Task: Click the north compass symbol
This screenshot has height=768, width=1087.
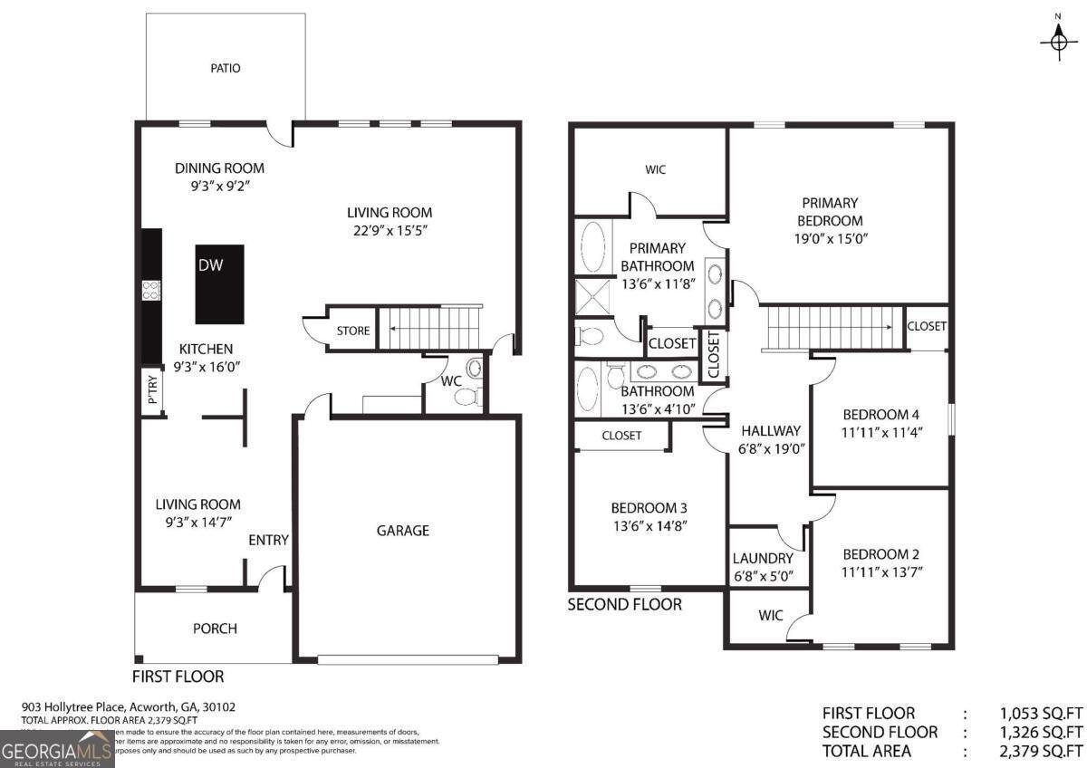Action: (1058, 39)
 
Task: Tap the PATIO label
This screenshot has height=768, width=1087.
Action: (226, 68)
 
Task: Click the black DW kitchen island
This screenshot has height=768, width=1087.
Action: (220, 284)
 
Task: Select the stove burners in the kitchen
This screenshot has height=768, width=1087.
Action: (151, 291)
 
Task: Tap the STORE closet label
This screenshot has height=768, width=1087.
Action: (353, 331)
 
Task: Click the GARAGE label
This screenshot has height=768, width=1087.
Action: (403, 531)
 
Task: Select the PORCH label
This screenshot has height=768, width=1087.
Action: (215, 629)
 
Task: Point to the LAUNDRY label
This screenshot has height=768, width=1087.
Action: (763, 559)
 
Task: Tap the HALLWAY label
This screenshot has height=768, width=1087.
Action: (771, 431)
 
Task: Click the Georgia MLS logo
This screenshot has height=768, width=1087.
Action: (57, 749)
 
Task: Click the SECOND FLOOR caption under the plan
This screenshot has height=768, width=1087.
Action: (624, 604)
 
